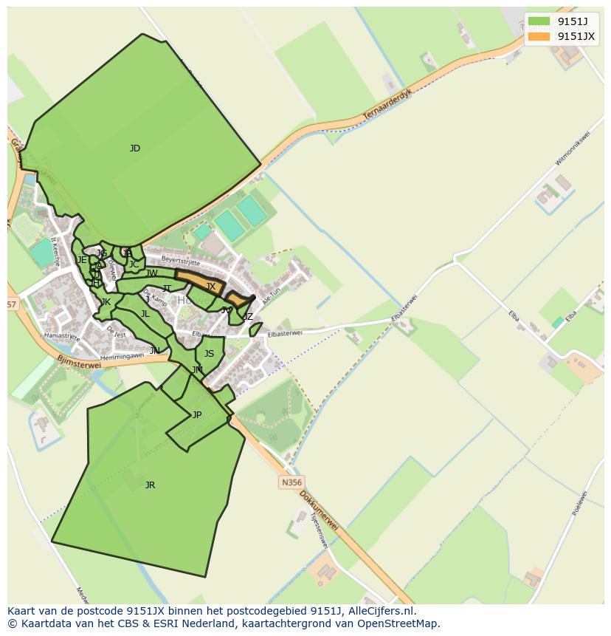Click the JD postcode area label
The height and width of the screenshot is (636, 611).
pos(135,148)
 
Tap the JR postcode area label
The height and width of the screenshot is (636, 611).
pos(150,485)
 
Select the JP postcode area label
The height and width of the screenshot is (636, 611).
pos(197,415)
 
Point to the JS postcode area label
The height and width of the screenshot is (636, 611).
pos(209,354)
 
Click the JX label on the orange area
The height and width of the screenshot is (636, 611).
pos(210,287)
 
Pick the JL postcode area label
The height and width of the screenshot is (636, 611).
pos(145,314)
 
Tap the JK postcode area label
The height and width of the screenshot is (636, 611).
pos(106,302)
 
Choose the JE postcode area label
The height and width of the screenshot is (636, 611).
pos(82,260)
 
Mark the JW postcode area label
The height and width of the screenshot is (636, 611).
pos(152,273)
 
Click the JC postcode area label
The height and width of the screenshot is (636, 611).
pos(134,264)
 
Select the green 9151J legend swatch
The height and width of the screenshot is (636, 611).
pos(539,21)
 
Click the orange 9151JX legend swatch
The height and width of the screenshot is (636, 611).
pos(539,36)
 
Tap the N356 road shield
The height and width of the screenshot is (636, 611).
pos(291,482)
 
